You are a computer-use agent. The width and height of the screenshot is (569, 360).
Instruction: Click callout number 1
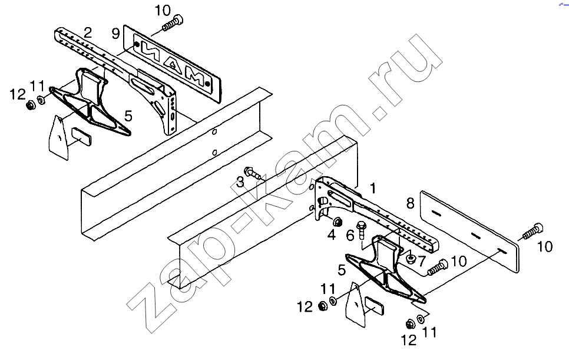point(372,188)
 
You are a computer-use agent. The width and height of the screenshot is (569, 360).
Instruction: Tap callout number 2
point(87,32)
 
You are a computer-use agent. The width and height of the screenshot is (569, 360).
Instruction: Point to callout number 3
point(240,181)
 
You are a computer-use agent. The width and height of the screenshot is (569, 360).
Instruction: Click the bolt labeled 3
point(254,173)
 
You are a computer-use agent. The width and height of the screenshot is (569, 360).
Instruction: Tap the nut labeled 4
point(339,223)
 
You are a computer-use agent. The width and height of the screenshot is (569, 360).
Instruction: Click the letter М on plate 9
point(195,80)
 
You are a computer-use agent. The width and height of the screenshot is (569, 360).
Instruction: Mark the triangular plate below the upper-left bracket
point(59,137)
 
